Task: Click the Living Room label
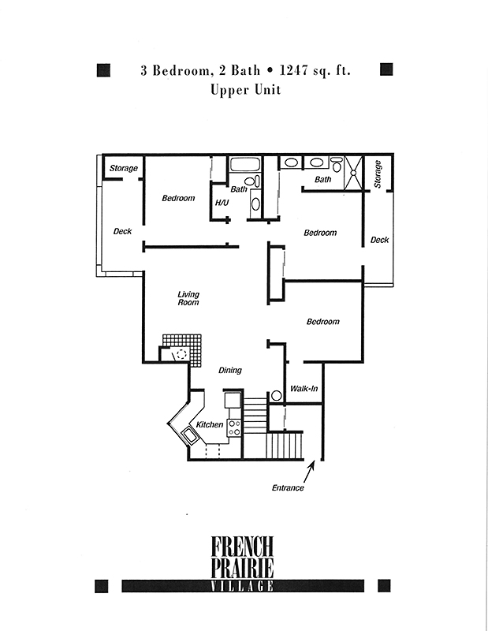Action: [188, 299]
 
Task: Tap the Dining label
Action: [230, 370]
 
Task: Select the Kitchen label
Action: [209, 424]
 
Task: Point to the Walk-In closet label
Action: [304, 388]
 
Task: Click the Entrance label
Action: [288, 487]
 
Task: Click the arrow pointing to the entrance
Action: [308, 471]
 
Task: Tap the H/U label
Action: [222, 203]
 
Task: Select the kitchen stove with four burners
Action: [235, 428]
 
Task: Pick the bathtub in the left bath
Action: [245, 165]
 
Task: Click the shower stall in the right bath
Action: [354, 173]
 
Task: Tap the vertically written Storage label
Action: [378, 174]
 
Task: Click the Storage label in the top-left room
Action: [124, 168]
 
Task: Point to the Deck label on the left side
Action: [122, 231]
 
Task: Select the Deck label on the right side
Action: [379, 240]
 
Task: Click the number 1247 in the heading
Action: [294, 70]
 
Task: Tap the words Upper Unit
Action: [245, 90]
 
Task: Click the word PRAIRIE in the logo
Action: [242, 568]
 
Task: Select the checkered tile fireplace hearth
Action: [187, 349]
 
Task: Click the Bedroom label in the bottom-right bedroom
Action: [322, 322]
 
